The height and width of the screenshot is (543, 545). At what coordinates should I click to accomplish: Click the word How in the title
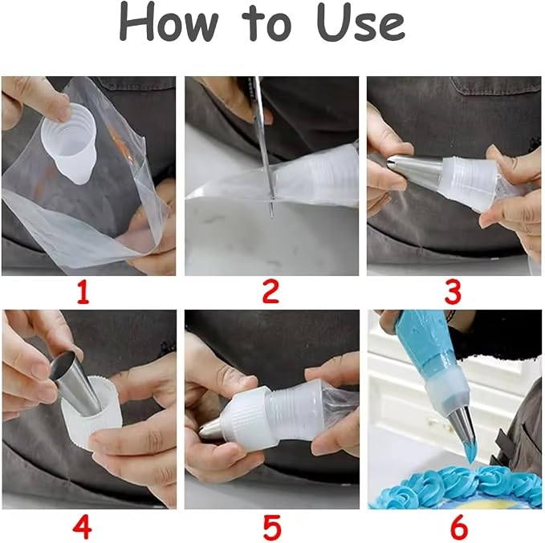[169, 23]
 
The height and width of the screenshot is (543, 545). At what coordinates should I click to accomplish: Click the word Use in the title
[360, 23]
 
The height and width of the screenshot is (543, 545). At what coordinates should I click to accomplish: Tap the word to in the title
[266, 24]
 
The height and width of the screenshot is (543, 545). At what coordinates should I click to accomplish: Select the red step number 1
[83, 292]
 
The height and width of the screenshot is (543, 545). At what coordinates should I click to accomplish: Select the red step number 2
[270, 292]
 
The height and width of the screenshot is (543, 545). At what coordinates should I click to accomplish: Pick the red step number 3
[453, 292]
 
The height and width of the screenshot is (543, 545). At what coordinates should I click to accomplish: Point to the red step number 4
[83, 526]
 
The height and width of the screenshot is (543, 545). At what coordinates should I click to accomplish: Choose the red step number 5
[271, 526]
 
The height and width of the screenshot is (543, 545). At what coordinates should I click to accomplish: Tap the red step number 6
[459, 526]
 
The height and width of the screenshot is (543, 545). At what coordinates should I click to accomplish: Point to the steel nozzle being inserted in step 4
[75, 380]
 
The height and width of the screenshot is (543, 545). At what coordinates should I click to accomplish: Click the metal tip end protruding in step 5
[211, 428]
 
